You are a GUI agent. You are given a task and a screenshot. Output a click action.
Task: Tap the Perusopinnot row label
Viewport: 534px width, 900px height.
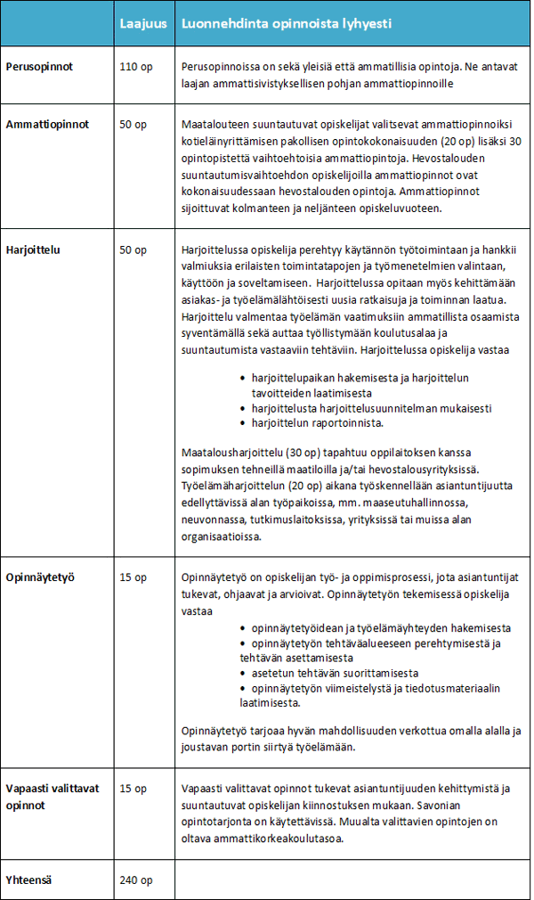(x=39, y=67)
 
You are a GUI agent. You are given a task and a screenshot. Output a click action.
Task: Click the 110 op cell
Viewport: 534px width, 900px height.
(x=136, y=67)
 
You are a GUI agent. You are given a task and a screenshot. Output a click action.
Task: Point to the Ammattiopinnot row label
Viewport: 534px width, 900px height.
(x=47, y=125)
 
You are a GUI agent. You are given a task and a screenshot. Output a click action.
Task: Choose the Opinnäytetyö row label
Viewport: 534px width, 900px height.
(x=39, y=577)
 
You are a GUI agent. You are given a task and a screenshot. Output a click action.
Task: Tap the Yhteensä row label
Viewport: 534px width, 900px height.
(x=28, y=880)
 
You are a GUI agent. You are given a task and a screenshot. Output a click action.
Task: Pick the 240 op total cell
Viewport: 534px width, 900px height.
(x=136, y=880)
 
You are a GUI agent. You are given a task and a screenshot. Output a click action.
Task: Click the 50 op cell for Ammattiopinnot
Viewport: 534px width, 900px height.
(x=133, y=125)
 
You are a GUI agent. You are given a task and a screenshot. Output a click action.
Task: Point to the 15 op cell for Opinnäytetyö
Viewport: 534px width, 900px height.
(x=133, y=577)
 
